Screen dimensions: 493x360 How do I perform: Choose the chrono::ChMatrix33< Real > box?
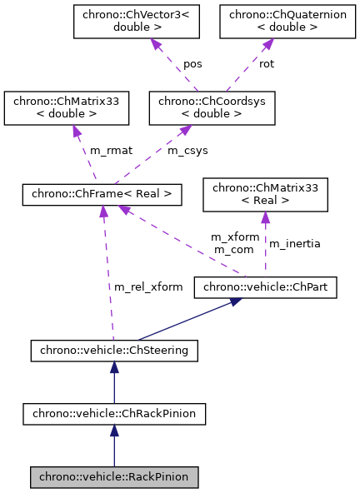266,192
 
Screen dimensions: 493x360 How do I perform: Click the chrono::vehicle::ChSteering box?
114,351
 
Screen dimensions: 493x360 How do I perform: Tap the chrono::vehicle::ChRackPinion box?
114,412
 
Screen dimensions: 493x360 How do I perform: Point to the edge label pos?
192,63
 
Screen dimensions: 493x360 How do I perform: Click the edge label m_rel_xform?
147,286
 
